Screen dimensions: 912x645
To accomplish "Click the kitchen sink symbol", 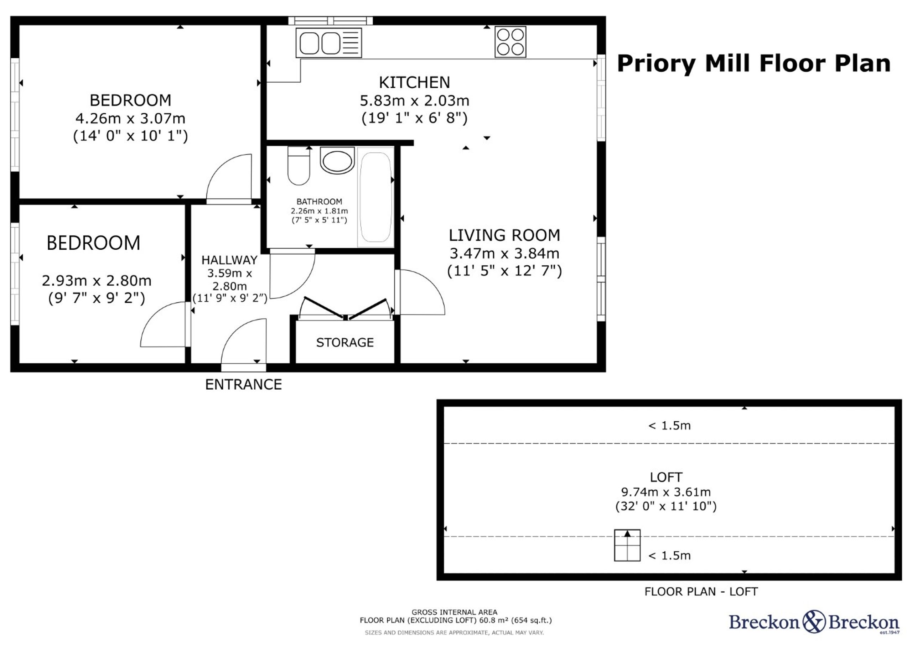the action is [329, 42].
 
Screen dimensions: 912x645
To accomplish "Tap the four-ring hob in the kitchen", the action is [511, 42].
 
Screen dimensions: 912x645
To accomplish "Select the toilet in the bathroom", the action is [299, 166].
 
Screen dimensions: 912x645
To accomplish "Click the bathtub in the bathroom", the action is [375, 197].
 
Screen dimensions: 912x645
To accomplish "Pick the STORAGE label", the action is [345, 343].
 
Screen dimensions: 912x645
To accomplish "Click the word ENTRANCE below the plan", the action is [243, 384].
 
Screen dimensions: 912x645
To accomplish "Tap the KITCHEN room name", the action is [414, 83].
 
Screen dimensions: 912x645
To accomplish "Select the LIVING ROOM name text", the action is [504, 235].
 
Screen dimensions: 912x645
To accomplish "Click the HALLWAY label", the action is [229, 260].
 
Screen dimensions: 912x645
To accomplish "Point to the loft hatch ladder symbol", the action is [627, 545].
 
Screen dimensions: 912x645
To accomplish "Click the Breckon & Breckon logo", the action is [814, 622].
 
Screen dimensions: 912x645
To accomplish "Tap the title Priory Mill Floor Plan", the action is [753, 63].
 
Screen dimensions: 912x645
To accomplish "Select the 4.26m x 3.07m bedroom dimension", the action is [130, 118].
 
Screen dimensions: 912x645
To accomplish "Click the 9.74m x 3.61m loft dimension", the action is [666, 492].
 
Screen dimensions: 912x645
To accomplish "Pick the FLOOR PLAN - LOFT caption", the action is [701, 592].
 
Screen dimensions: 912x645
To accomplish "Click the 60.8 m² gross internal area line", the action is [456, 620].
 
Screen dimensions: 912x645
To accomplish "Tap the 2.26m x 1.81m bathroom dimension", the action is [319, 211].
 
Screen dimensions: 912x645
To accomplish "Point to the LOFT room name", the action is [666, 477].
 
